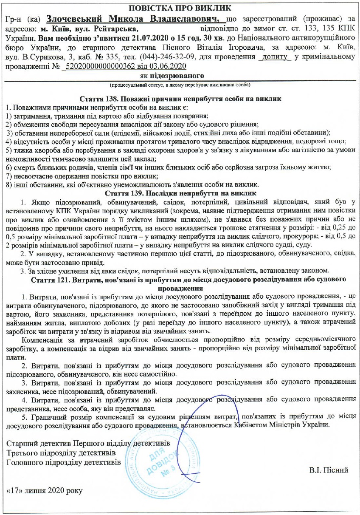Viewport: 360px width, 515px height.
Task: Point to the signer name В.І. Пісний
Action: [329, 470]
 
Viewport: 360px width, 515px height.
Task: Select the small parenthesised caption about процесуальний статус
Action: [180, 85]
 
